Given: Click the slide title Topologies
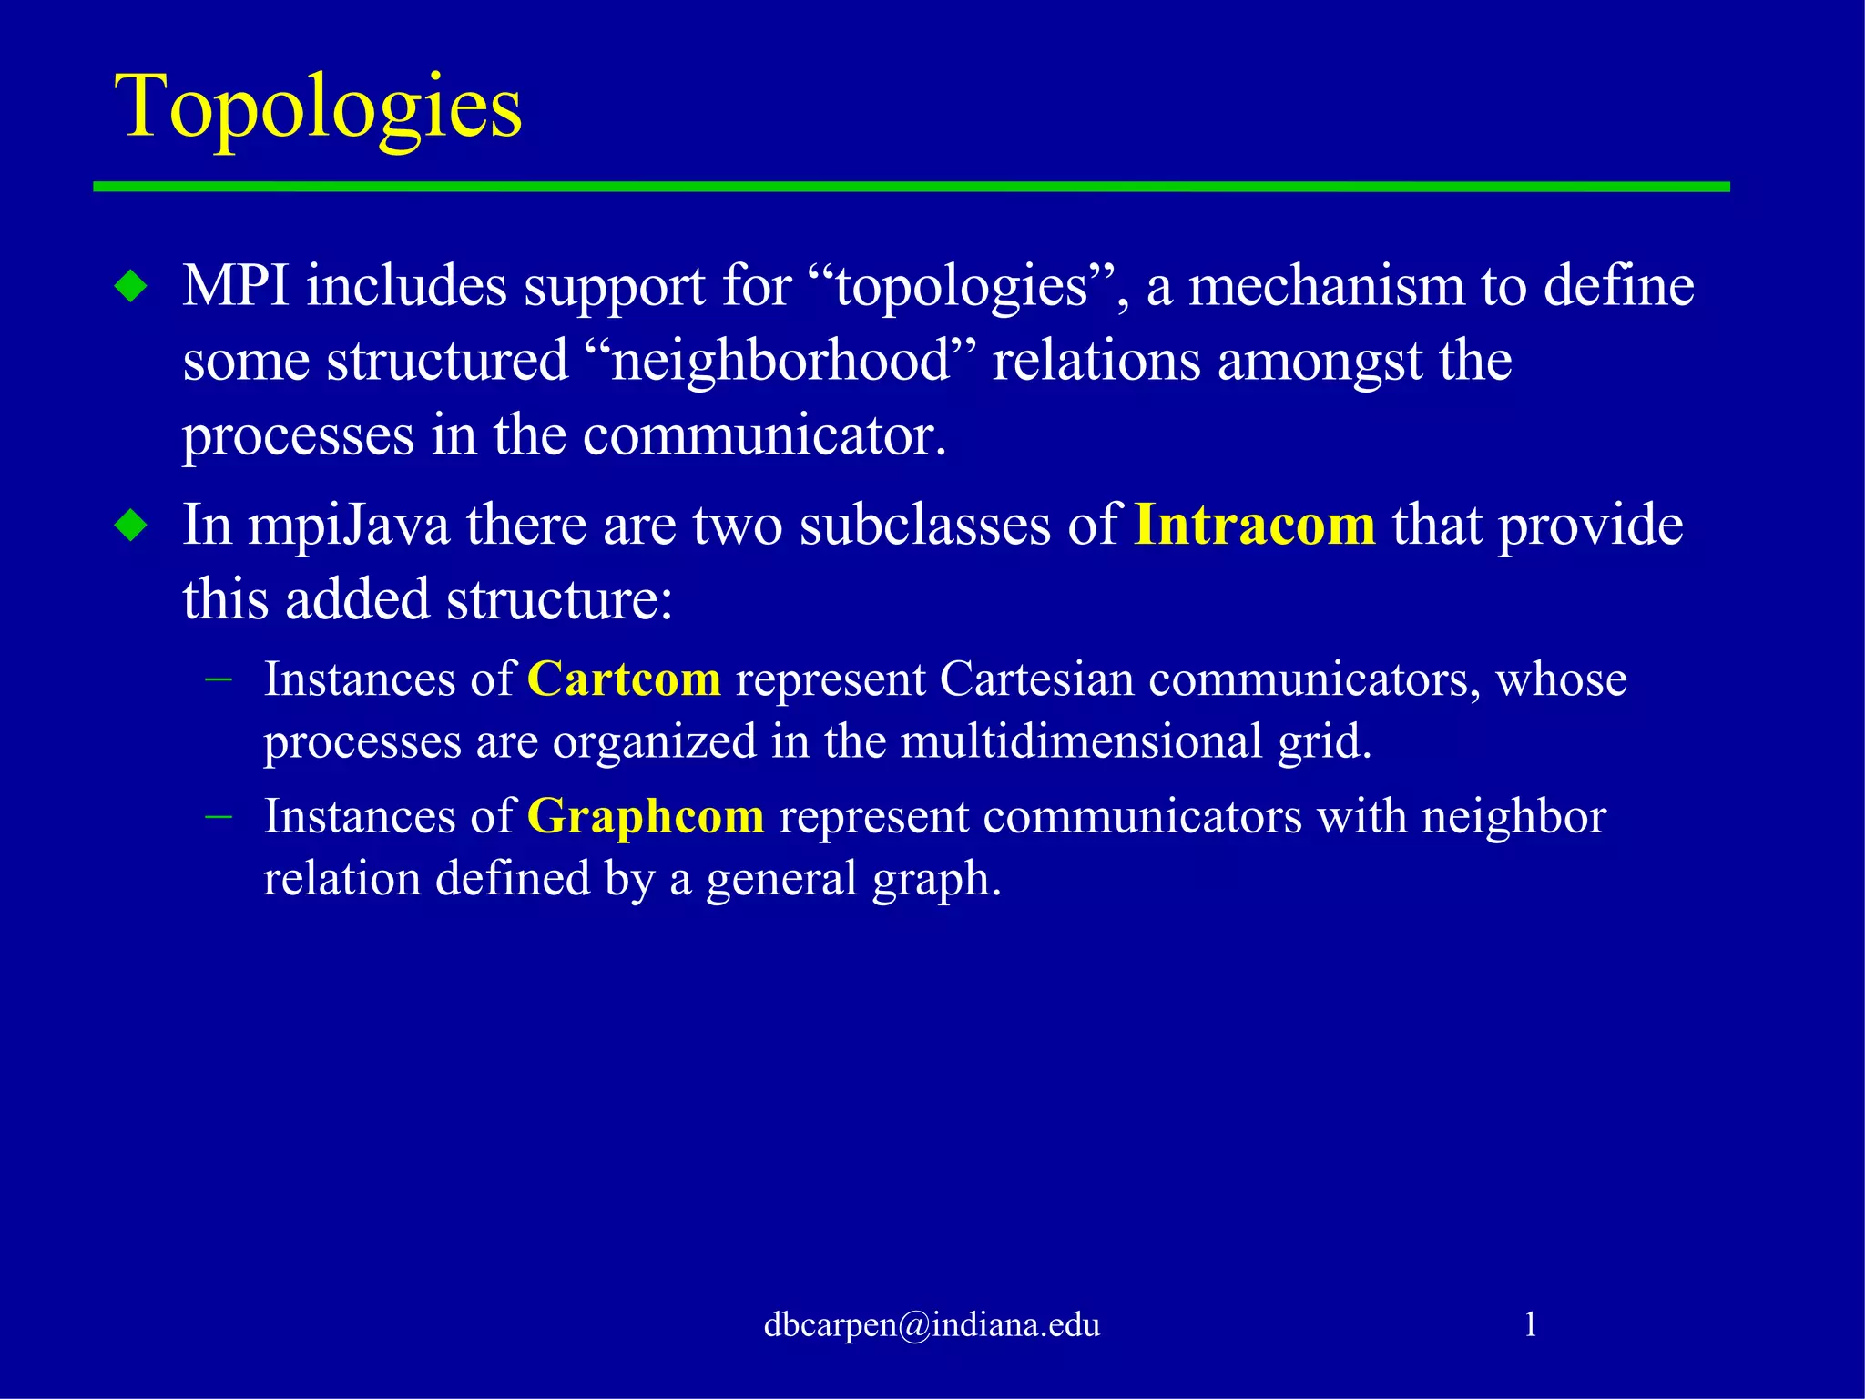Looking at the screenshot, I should pos(318,107).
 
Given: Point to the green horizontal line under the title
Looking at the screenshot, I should pos(911,187).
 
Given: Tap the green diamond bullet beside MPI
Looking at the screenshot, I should pos(132,288).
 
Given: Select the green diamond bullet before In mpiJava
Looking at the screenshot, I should pos(132,526).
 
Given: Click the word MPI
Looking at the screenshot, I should pos(236,286).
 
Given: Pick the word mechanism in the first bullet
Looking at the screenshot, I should pos(1326,286).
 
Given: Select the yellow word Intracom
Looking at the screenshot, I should pos(1255,526).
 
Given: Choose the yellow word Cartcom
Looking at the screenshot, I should pos(624,679).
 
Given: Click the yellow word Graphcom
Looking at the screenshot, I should pos(646,816).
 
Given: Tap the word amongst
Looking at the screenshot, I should pos(1320,362).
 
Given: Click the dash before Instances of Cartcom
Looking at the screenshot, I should pos(219,679).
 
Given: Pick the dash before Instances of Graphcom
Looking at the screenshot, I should pos(219,815).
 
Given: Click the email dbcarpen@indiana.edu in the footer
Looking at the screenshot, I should pos(932,1324).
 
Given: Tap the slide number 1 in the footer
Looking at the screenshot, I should pos(1530,1324).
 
